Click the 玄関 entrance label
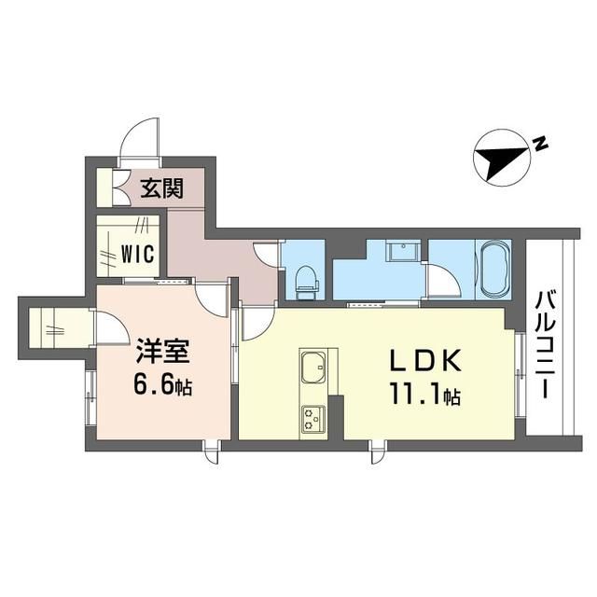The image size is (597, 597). click(162, 188)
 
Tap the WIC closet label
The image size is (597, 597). click(138, 253)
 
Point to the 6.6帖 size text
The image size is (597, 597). click(162, 383)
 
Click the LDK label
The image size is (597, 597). click(425, 361)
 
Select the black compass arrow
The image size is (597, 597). click(502, 159)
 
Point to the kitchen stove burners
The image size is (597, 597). click(313, 420)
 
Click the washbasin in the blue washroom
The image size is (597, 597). click(403, 251)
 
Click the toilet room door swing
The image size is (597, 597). click(266, 254)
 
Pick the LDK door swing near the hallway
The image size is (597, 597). click(258, 323)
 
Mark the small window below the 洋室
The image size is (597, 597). click(212, 451)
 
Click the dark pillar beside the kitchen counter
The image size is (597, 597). click(336, 417)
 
